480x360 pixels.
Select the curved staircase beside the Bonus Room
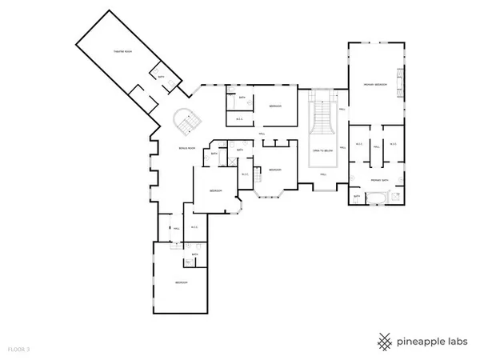click(190, 122)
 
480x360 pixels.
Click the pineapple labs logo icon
click(386, 341)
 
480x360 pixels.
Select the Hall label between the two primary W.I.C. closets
click(375, 146)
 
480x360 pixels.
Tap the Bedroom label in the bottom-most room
click(182, 283)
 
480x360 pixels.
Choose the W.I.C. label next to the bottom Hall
click(194, 227)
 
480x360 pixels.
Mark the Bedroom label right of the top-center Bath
click(274, 106)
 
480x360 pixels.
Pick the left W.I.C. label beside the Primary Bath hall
click(359, 146)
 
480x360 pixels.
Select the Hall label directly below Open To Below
click(324, 174)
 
